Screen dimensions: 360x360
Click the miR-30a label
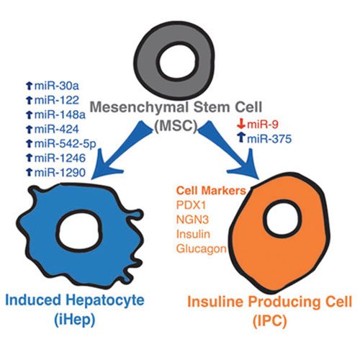pos(57,86)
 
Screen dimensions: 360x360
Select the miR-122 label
pos(57,100)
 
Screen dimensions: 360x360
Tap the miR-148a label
pos(60,114)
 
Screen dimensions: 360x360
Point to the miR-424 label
pos(57,129)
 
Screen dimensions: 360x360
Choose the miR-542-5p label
pos(66,144)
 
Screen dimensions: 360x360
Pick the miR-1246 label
pos(60,158)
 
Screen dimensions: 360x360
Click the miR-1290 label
pos(60,173)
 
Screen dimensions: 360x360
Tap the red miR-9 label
pos(263,125)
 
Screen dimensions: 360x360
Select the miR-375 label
pos(269,139)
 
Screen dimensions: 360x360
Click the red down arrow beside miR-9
pos(241,124)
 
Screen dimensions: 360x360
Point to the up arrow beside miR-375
pos(241,138)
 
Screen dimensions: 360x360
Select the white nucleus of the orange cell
pos(282,218)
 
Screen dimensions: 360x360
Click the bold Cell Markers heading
pos(211,191)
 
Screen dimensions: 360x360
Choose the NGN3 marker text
pos(192,220)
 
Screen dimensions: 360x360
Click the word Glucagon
pos(202,249)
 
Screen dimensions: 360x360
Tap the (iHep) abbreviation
pos(75,320)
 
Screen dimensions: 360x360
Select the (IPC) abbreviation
pos(270,320)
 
